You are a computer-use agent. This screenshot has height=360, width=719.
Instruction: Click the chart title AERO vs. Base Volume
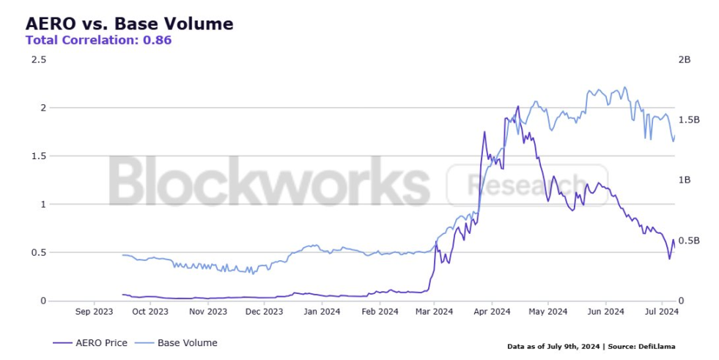pyautogui.click(x=129, y=23)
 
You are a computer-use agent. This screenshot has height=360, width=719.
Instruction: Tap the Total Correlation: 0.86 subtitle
pyautogui.click(x=98, y=40)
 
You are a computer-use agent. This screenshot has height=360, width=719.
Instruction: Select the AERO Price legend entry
pyautogui.click(x=91, y=342)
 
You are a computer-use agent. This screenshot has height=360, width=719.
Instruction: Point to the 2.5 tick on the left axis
pyautogui.click(x=38, y=59)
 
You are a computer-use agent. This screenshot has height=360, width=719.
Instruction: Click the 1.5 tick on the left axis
pyautogui.click(x=38, y=156)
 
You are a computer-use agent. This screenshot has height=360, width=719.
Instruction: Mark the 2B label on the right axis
pyautogui.click(x=685, y=59)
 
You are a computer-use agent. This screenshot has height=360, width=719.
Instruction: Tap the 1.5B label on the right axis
pyautogui.click(x=689, y=120)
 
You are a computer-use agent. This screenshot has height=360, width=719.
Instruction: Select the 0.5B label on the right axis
pyautogui.click(x=689, y=240)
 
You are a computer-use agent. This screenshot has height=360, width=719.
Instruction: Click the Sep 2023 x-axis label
pyautogui.click(x=95, y=312)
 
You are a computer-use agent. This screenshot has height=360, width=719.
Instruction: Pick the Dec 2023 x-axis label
pyautogui.click(x=264, y=312)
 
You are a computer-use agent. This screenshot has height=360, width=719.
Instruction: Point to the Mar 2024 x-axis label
pyautogui.click(x=433, y=312)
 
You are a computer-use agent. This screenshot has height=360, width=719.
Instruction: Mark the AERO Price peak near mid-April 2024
pyautogui.click(x=518, y=106)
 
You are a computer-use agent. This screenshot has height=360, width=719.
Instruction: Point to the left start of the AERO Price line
pyautogui.click(x=122, y=294)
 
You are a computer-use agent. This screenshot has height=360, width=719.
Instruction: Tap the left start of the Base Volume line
pyautogui.click(x=122, y=255)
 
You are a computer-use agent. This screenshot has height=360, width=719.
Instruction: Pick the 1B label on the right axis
pyautogui.click(x=685, y=180)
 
